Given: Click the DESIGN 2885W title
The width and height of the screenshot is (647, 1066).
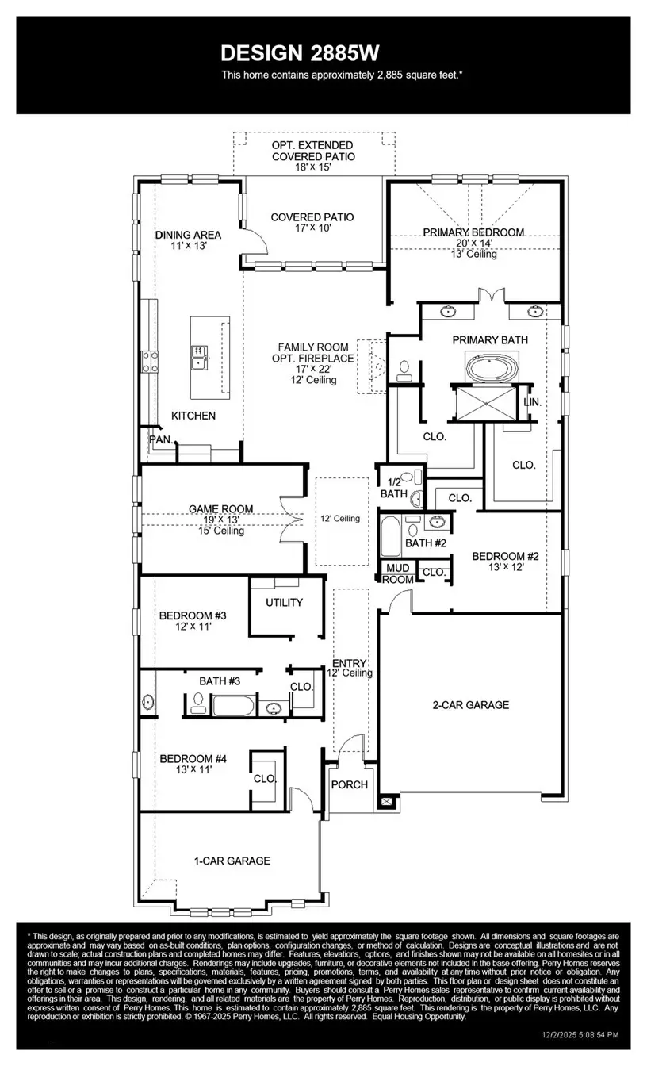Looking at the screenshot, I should [300, 53].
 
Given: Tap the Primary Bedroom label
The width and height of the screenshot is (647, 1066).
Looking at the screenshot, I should [473, 232].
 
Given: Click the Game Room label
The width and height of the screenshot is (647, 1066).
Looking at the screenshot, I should [220, 509].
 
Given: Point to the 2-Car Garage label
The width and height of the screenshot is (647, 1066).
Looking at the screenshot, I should [470, 704].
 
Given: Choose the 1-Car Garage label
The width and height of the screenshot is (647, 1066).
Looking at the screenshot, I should [232, 861].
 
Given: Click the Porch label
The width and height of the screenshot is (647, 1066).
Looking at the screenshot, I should [350, 784].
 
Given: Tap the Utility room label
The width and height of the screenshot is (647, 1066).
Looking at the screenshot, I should [284, 603].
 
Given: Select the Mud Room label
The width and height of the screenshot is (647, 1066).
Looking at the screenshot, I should [398, 574].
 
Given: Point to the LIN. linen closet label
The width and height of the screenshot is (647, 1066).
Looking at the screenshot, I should [533, 402].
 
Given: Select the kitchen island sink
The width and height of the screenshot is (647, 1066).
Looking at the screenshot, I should [197, 357].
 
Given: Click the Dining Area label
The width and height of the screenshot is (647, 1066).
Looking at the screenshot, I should [188, 235].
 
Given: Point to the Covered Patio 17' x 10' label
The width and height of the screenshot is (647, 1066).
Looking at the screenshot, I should [312, 217].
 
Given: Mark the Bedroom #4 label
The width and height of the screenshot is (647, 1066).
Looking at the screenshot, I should [193, 759].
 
